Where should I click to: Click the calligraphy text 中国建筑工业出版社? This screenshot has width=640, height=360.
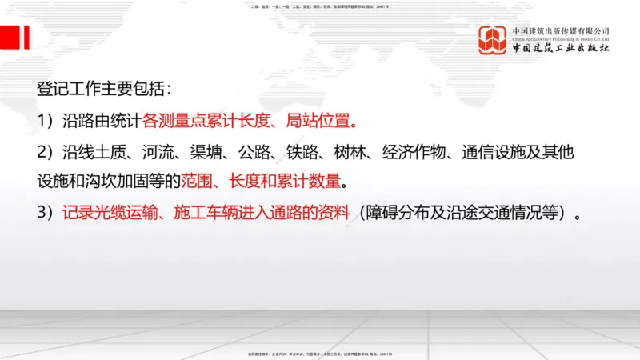[561, 49]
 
